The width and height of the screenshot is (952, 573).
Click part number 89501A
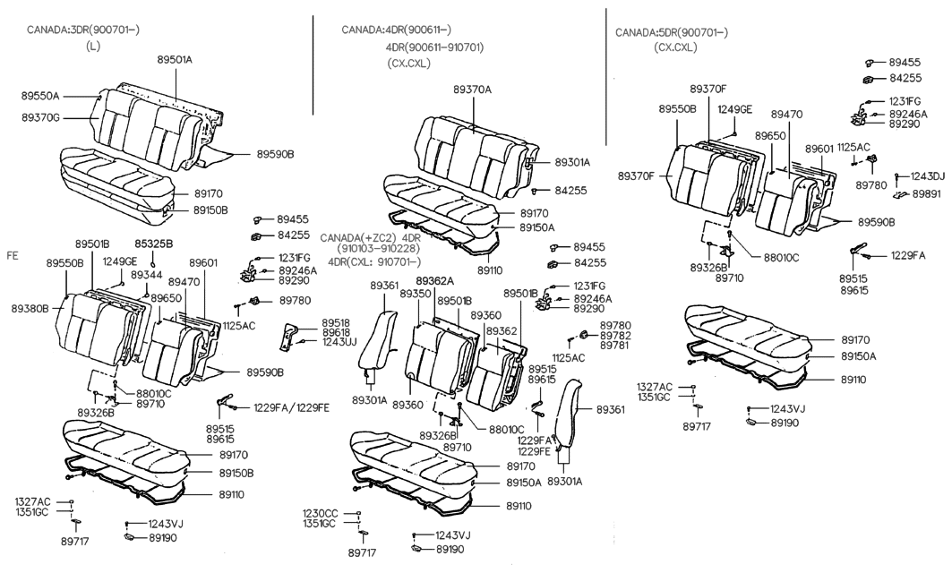click(x=175, y=60)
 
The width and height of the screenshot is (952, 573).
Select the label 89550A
click(x=39, y=95)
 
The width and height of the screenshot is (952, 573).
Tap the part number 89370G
click(x=39, y=116)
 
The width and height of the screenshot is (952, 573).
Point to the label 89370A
click(x=472, y=90)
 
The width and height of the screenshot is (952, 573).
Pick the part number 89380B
click(x=30, y=307)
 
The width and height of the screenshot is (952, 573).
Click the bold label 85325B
click(x=153, y=244)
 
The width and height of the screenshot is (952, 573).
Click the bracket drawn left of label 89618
click(x=291, y=336)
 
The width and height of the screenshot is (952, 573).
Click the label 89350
click(x=415, y=294)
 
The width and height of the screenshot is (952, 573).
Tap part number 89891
click(x=926, y=193)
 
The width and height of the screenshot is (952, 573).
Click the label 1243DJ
click(x=927, y=176)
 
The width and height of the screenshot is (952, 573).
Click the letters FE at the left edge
click(x=13, y=255)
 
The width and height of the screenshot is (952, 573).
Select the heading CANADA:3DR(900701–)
click(x=82, y=30)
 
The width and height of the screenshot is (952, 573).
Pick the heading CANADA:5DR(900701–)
click(x=671, y=32)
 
